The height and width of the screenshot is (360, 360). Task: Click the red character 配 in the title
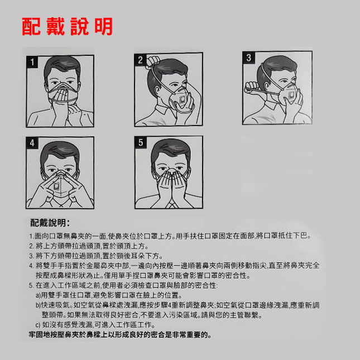click(31, 26)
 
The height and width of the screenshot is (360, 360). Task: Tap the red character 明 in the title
click(104, 26)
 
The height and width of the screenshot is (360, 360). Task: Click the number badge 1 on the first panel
click(32, 62)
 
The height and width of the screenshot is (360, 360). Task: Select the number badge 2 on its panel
click(140, 60)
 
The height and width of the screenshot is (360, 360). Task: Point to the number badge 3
click(248, 57)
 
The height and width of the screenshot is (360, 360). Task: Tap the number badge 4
click(32, 143)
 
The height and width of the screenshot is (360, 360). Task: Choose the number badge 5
click(141, 142)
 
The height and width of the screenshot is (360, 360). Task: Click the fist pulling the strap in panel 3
click(252, 87)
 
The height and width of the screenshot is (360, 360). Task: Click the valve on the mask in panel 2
click(182, 100)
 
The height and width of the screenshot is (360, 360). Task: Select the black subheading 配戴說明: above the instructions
click(50, 223)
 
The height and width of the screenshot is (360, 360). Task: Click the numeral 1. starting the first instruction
click(32, 236)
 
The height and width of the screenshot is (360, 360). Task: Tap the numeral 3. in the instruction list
click(32, 256)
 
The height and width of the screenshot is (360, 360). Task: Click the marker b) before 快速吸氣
click(38, 305)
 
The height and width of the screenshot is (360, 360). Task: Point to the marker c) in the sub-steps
click(38, 325)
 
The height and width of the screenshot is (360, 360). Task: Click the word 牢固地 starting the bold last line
click(40, 335)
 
